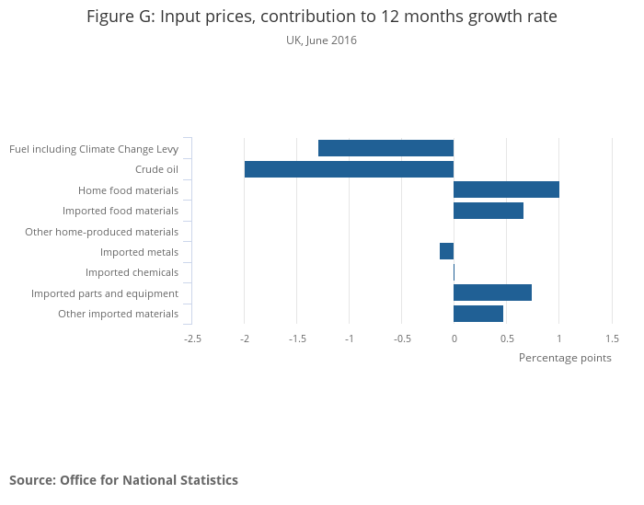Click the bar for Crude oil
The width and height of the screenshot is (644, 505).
[349, 169]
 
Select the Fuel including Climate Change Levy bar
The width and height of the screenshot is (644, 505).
[385, 148]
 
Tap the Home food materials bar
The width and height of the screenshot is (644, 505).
[506, 189]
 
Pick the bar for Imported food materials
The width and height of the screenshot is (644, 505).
[489, 211]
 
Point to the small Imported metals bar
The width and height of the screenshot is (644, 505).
[447, 251]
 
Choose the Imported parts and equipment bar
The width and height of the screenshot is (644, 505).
[492, 293]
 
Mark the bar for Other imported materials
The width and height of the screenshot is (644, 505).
[478, 314]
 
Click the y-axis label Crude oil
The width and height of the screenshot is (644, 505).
[156, 169]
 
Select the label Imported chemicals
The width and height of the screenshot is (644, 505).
[132, 272]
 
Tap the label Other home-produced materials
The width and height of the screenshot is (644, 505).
[101, 232]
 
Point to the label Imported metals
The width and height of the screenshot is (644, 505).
[139, 252]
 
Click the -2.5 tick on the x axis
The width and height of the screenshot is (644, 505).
[192, 339]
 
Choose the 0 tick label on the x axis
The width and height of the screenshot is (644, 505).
[454, 339]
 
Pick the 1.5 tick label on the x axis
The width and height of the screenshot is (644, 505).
[612, 339]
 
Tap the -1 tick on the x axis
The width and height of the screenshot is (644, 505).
[349, 339]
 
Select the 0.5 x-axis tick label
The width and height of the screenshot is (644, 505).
[506, 339]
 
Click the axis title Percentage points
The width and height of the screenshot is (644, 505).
[565, 358]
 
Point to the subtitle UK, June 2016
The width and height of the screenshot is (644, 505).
[321, 40]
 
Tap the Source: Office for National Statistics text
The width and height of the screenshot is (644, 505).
[123, 480]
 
